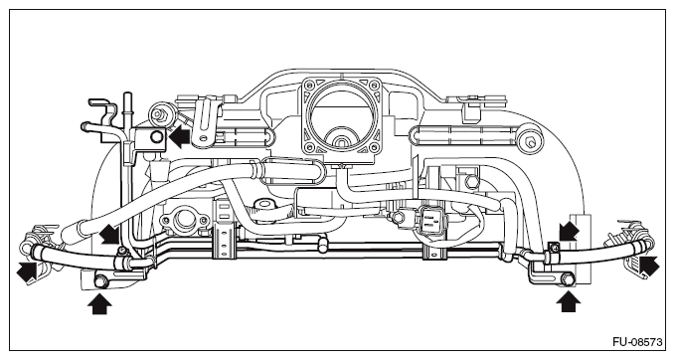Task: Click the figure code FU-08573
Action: coord(637,342)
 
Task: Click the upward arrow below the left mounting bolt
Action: coord(99,303)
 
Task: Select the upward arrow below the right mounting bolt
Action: coord(568,301)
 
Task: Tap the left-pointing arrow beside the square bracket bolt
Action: coord(179,137)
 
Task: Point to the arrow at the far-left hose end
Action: coord(26,273)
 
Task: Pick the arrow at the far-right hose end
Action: coord(649,266)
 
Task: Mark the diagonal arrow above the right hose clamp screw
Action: coord(569,232)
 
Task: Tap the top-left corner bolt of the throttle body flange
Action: coord(308,85)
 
